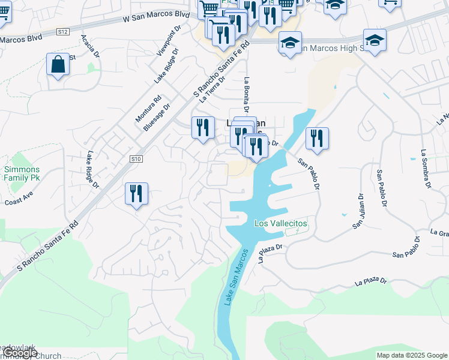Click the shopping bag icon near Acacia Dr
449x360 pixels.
tap(58, 65)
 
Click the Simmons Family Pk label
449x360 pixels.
tap(22, 174)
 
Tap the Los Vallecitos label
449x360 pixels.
tap(281, 223)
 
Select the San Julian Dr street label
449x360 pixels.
tap(358, 211)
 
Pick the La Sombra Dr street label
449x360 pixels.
tap(426, 169)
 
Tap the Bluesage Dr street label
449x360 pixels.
tap(157, 116)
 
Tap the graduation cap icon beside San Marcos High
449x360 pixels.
tap(290, 43)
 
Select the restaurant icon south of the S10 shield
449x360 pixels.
tap(136, 193)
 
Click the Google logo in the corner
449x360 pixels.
tap(19, 353)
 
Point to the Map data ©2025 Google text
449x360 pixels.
tap(412, 355)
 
